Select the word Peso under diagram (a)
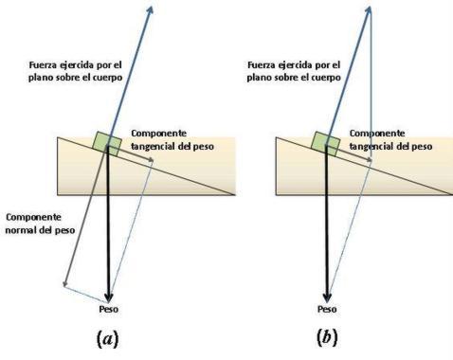pos(109,309)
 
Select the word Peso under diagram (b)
pos(327,309)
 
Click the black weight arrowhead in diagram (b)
pos(327,294)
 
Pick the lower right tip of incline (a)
pos(234,194)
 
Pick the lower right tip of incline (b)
pos(448,194)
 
